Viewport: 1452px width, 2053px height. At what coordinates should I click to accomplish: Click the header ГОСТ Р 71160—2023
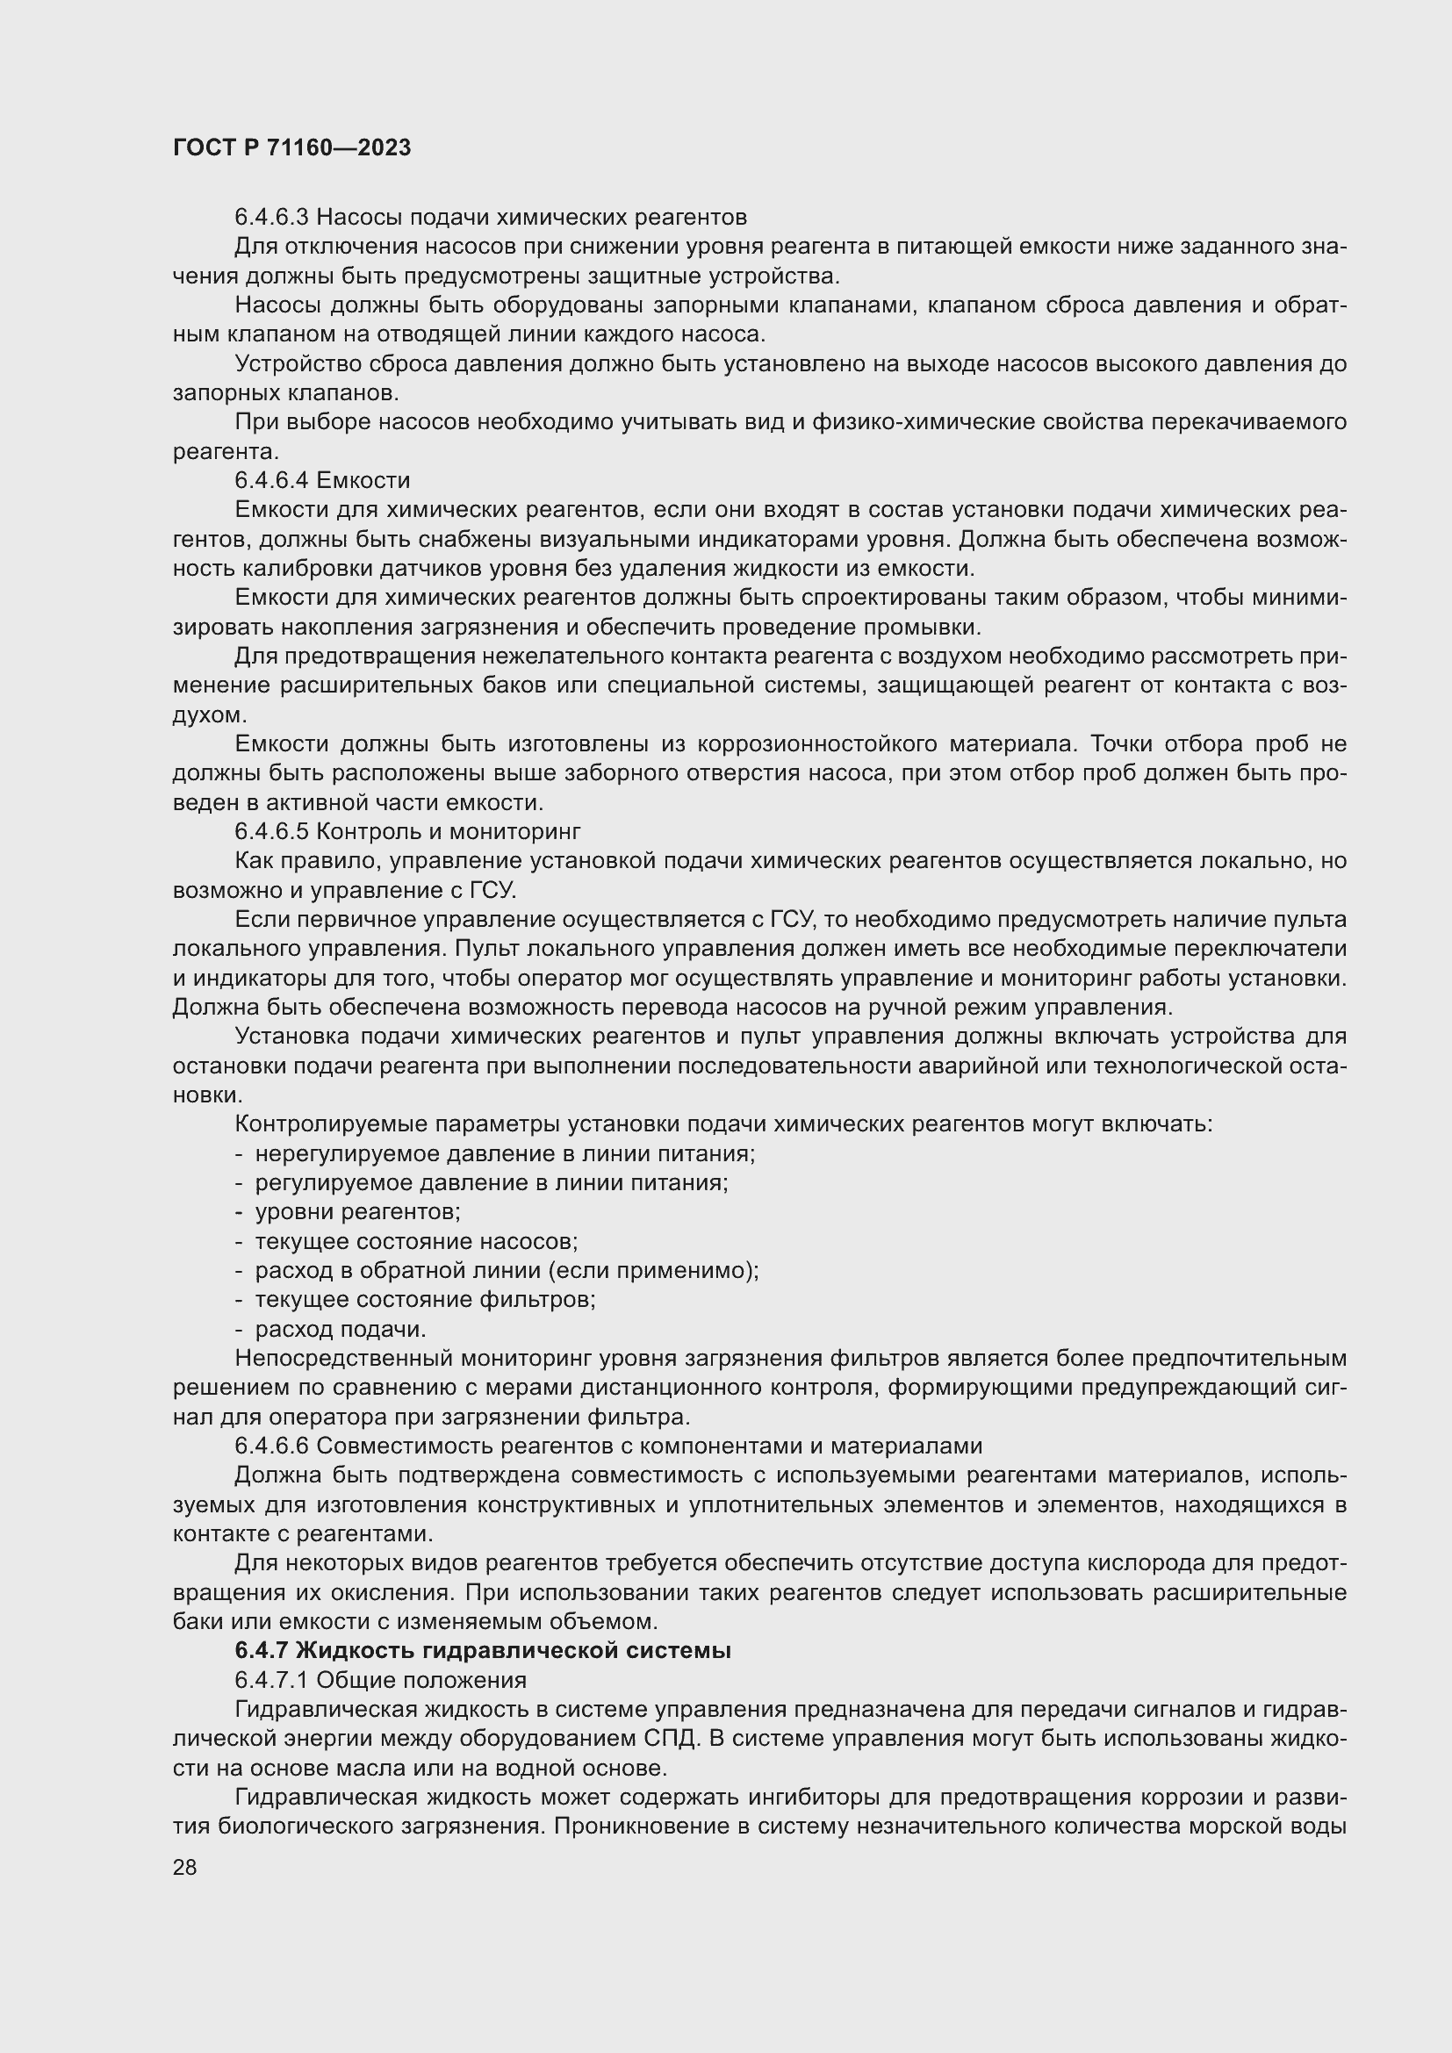(x=291, y=148)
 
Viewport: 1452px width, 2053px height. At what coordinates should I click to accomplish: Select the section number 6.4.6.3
(x=271, y=218)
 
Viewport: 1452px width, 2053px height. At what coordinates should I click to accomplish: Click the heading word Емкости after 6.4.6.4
(x=363, y=481)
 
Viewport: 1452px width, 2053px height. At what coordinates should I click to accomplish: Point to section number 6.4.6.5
(x=271, y=832)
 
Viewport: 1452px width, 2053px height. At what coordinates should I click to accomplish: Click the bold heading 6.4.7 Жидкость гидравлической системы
(x=483, y=1651)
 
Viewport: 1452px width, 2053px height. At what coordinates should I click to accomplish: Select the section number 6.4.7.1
(x=271, y=1680)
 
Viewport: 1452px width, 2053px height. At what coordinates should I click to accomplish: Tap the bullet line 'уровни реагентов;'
(x=357, y=1212)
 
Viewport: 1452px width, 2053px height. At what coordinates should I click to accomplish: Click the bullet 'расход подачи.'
(x=341, y=1330)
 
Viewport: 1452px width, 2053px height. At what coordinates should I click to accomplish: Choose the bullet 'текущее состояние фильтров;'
(x=425, y=1300)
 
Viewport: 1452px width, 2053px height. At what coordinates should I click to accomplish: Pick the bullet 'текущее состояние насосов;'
(x=417, y=1242)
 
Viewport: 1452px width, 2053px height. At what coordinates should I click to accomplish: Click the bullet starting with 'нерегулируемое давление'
(x=505, y=1154)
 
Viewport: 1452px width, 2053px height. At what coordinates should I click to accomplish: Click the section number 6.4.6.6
(x=271, y=1446)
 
